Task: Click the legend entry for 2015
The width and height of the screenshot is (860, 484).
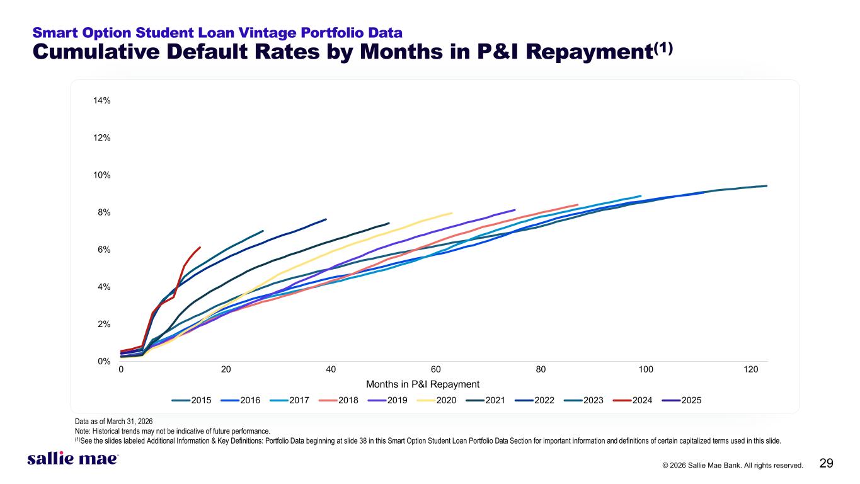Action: pos(191,400)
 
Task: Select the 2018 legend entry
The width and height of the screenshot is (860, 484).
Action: pos(338,400)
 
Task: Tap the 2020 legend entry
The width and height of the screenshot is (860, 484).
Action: pos(437,400)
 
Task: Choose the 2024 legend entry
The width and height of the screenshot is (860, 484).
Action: pos(633,400)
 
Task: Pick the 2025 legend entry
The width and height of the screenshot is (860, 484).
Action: pos(682,400)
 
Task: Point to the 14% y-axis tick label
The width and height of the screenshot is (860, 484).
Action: pos(101,101)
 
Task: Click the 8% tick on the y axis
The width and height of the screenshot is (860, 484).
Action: pos(104,212)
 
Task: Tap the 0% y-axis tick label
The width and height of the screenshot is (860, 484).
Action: pos(104,362)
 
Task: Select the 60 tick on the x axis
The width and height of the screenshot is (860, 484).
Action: pos(436,369)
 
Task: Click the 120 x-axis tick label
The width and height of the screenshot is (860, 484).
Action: pos(750,369)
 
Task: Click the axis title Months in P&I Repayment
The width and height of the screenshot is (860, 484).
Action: pos(423,384)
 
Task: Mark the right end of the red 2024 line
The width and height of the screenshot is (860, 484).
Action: pos(200,248)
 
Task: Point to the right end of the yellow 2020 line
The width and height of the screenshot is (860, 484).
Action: pos(452,213)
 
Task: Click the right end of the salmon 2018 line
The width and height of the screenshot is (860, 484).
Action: pos(578,205)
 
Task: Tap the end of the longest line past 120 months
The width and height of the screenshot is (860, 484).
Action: pos(767,186)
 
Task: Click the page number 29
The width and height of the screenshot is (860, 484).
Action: pos(826,463)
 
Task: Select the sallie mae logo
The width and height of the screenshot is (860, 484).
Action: pos(73,459)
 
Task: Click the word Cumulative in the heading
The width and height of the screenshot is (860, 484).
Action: pos(96,52)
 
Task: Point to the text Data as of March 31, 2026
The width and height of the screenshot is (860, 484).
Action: pos(113,422)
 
